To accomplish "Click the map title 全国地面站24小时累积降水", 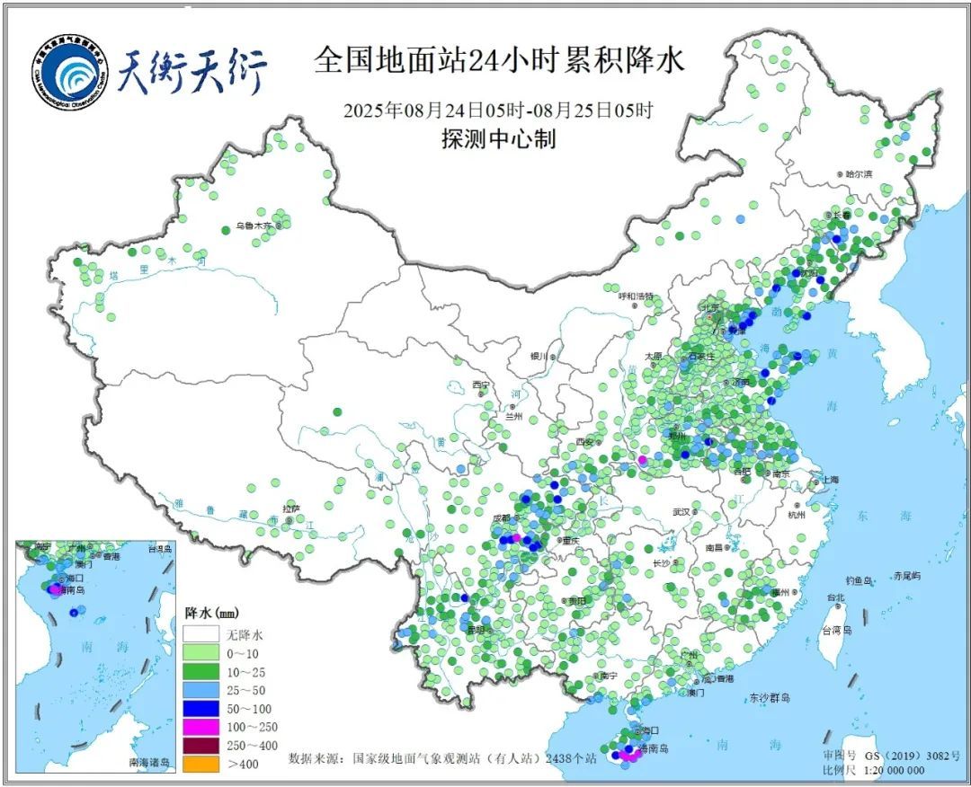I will tap(499, 60).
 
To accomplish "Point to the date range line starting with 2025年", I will tap(498, 111).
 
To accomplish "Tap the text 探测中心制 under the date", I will tap(498, 139).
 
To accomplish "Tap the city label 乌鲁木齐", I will tap(254, 227).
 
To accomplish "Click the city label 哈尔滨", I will tap(857, 173).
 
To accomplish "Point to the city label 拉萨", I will tap(290, 508).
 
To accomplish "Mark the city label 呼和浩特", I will tap(637, 296).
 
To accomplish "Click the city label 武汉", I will tap(681, 512).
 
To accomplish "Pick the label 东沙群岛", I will tap(769, 698).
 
